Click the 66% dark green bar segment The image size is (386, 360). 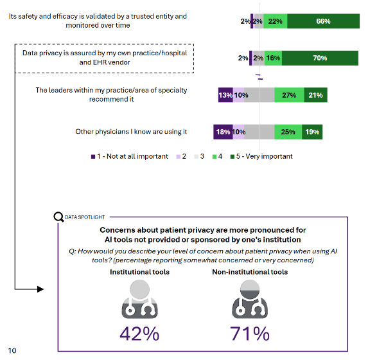click(x=323, y=21)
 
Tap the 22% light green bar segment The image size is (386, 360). click(x=275, y=21)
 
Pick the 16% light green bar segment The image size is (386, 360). click(x=273, y=58)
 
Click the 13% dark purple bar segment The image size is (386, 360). click(x=225, y=95)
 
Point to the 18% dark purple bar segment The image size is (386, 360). click(x=223, y=132)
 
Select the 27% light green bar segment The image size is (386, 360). click(x=289, y=95)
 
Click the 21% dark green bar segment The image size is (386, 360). click(x=315, y=95)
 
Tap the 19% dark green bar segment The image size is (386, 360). click(x=311, y=132)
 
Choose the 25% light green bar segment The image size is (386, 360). click(x=288, y=132)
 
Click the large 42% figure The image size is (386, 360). click(x=139, y=334)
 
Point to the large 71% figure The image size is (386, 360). click(x=249, y=334)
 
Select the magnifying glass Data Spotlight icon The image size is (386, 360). click(x=58, y=217)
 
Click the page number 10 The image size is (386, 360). click(x=12, y=350)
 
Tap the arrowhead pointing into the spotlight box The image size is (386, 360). click(x=40, y=289)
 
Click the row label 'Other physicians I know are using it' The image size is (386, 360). click(x=131, y=132)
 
